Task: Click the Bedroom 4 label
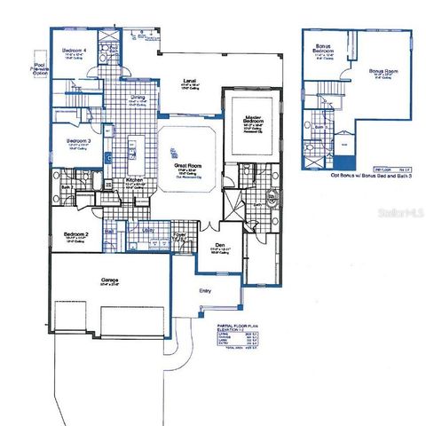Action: (74, 51)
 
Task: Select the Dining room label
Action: (138, 97)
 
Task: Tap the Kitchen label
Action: (134, 180)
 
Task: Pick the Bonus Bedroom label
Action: (320, 51)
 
